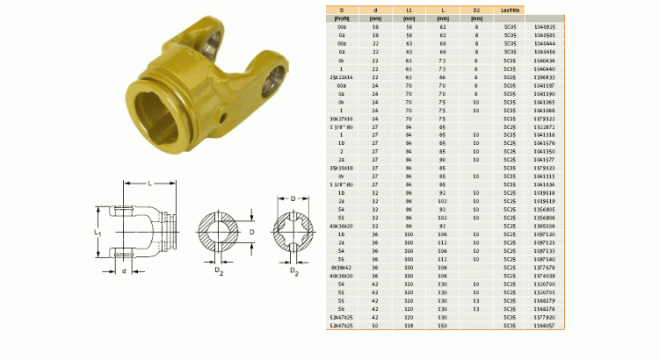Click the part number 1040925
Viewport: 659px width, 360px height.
tap(545, 28)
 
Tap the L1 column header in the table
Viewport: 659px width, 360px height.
tap(409, 10)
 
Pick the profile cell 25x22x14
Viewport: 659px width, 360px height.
tap(338, 77)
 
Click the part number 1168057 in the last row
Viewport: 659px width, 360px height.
tap(545, 326)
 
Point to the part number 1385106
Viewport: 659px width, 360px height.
tap(545, 226)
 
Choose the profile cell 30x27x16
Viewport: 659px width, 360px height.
tap(338, 119)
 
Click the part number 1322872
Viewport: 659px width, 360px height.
tap(545, 126)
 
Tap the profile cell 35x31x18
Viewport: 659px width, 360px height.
tap(338, 168)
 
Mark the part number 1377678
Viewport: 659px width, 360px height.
tap(545, 267)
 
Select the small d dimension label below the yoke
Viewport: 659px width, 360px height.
tap(125, 271)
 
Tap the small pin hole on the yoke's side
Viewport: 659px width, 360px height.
tap(226, 117)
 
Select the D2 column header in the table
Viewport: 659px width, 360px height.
tap(475, 10)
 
